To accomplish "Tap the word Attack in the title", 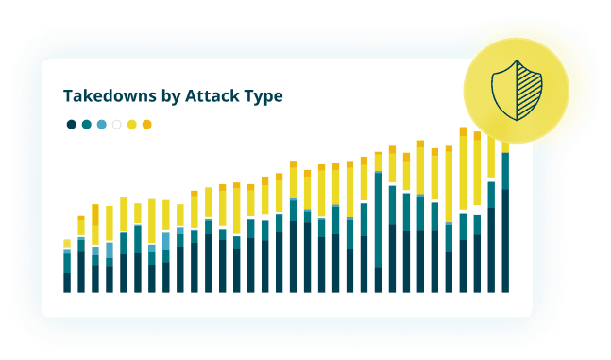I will point(209,96).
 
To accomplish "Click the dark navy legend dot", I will point(71,124).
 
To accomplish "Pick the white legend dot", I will point(116,124).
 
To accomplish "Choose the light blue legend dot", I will point(101,124).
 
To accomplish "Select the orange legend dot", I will point(146,124).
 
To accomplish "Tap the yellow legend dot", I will point(131,124).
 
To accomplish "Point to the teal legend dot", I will point(86,124).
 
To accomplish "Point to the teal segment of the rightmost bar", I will point(506,171).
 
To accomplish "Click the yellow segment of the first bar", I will point(67,244).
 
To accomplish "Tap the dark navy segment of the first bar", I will point(67,283).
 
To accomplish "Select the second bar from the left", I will point(81,260).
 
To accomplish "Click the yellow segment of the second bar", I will point(81,227).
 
